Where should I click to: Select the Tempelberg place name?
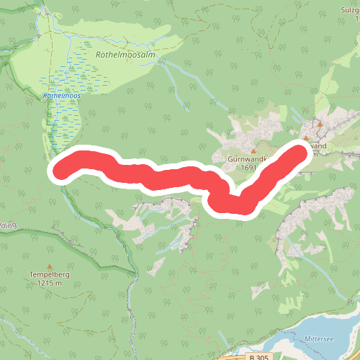(x=49, y=274)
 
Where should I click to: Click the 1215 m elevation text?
(x=49, y=283)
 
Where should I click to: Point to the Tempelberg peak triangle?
(x=49, y=266)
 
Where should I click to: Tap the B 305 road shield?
(x=258, y=357)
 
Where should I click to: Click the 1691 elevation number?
(x=249, y=168)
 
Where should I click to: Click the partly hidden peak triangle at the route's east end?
(x=305, y=138)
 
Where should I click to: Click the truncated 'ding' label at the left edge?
(x=7, y=225)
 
